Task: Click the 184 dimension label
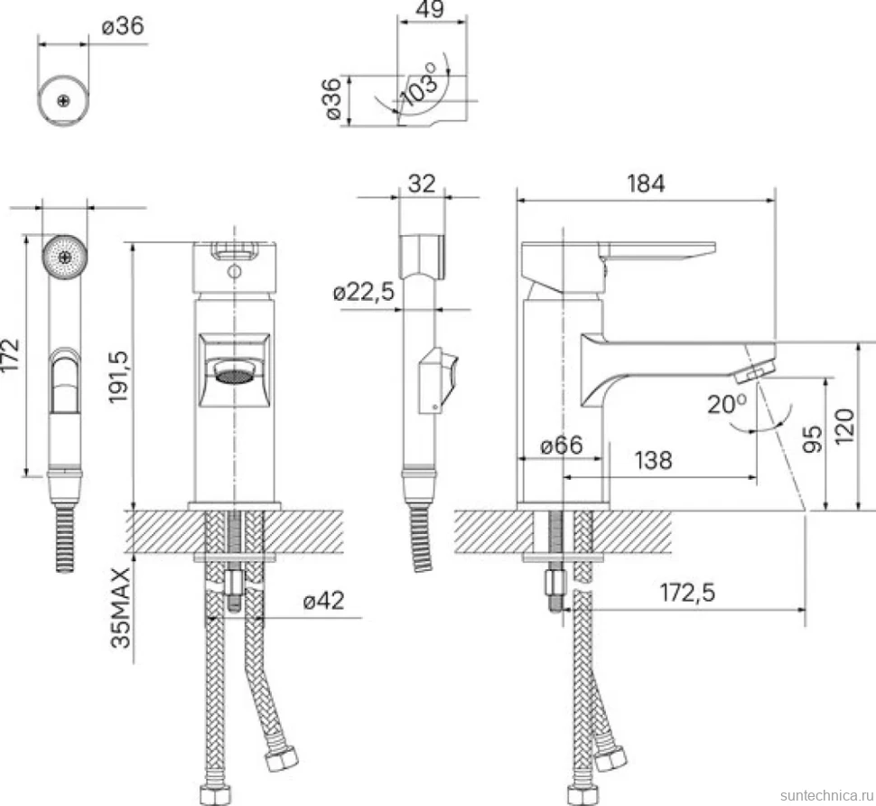coord(646,183)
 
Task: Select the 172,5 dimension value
coord(687,593)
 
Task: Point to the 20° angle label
coord(726,404)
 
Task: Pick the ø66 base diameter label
coord(562,445)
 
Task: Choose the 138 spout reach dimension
coord(653,461)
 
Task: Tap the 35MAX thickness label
coord(121,608)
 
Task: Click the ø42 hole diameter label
coord(323,601)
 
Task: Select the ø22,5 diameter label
coord(364,292)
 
